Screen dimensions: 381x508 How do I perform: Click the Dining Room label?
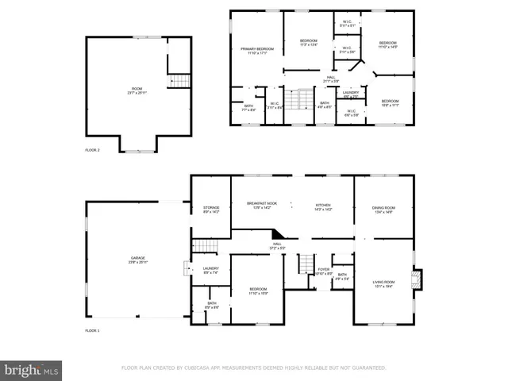tap(383, 210)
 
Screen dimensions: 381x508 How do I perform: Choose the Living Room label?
tap(384, 284)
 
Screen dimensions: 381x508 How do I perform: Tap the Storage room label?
tap(210, 210)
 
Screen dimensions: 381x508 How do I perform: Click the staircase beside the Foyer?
tap(305, 264)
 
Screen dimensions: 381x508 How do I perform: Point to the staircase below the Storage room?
tap(206, 246)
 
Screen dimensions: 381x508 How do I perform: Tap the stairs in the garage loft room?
tap(181, 81)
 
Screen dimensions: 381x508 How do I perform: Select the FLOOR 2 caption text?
tap(93, 149)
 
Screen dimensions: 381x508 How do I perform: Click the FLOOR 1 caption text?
tap(93, 330)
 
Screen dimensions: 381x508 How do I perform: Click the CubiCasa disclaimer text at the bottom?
tap(253, 368)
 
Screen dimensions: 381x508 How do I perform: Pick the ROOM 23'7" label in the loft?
tap(138, 90)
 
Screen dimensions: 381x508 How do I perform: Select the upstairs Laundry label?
tap(351, 94)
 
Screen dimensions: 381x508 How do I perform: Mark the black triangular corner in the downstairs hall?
tap(278, 233)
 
